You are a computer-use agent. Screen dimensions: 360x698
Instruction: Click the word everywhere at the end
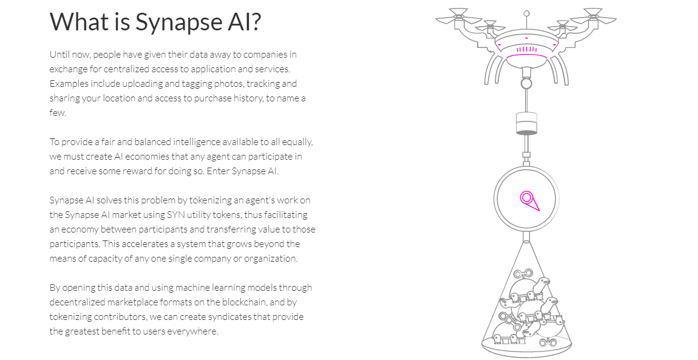click(x=193, y=331)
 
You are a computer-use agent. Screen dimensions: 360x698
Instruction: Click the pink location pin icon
click(x=528, y=200)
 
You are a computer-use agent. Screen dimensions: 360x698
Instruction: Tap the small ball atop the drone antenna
click(x=526, y=13)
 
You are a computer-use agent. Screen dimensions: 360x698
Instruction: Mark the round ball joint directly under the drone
click(x=526, y=82)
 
